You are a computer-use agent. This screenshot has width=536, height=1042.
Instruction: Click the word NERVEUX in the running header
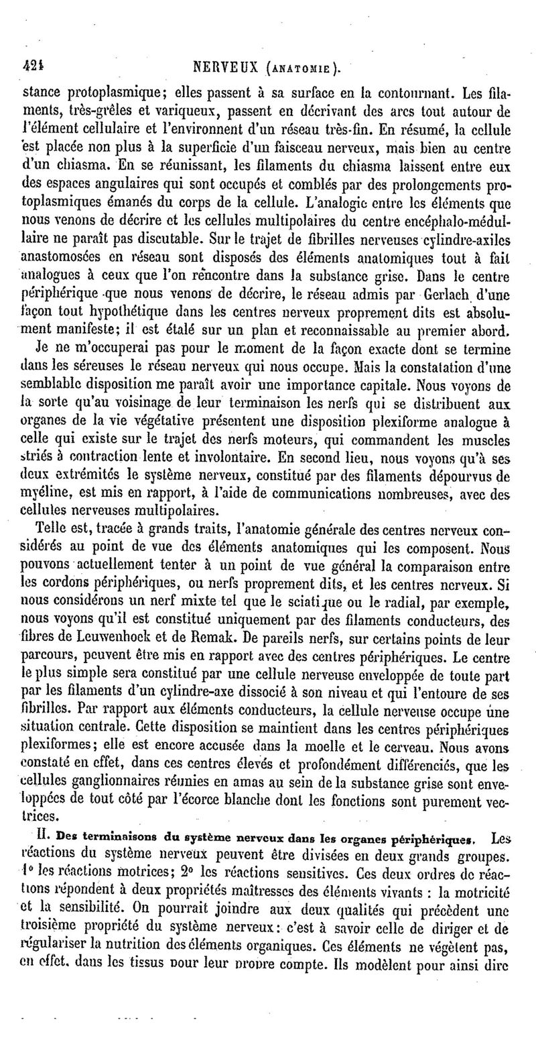point(228,67)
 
